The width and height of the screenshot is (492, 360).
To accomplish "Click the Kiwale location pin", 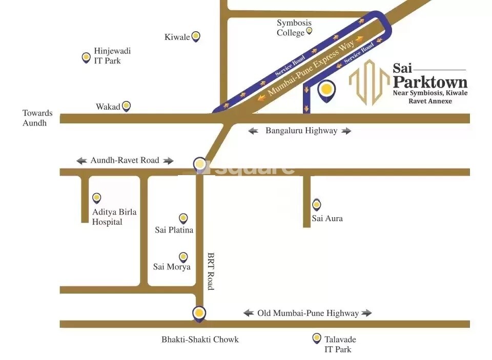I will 195,36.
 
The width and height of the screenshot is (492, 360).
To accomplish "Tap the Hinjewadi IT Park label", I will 112,56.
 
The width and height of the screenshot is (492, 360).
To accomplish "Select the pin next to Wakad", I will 126,106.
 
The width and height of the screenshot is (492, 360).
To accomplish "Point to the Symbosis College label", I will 294,28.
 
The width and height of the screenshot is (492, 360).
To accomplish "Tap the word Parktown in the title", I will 430,82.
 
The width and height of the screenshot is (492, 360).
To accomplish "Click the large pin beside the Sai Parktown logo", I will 326,90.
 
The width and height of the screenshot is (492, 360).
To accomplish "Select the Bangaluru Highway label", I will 301,131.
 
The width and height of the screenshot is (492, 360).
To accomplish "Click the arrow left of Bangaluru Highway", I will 253,131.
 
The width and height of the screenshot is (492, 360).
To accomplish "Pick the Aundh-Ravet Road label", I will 125,160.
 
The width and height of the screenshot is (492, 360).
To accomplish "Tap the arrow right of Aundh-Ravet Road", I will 168,161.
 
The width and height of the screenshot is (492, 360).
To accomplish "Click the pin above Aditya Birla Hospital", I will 96,198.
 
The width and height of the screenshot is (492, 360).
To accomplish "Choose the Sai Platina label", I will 174,230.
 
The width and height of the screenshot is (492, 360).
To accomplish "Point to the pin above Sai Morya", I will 183,257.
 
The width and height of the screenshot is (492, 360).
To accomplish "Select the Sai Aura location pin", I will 317,205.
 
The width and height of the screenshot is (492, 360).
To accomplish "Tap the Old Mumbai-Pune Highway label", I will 307,313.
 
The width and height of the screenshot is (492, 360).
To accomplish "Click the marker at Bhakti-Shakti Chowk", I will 199,312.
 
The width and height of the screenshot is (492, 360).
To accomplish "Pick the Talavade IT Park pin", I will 317,338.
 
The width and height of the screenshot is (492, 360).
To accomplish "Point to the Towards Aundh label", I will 37,118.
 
